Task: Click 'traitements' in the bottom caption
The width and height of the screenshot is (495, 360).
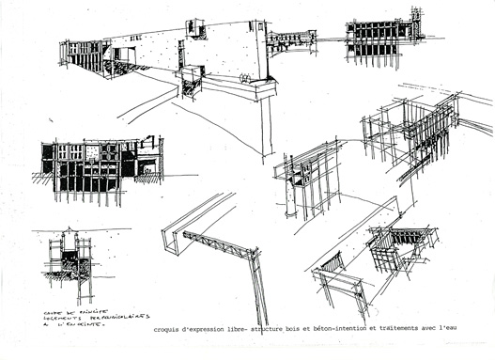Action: [x=399, y=330]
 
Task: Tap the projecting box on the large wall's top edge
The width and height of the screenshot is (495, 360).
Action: [x=197, y=28]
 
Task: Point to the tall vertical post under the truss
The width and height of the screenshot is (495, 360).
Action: [x=258, y=291]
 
